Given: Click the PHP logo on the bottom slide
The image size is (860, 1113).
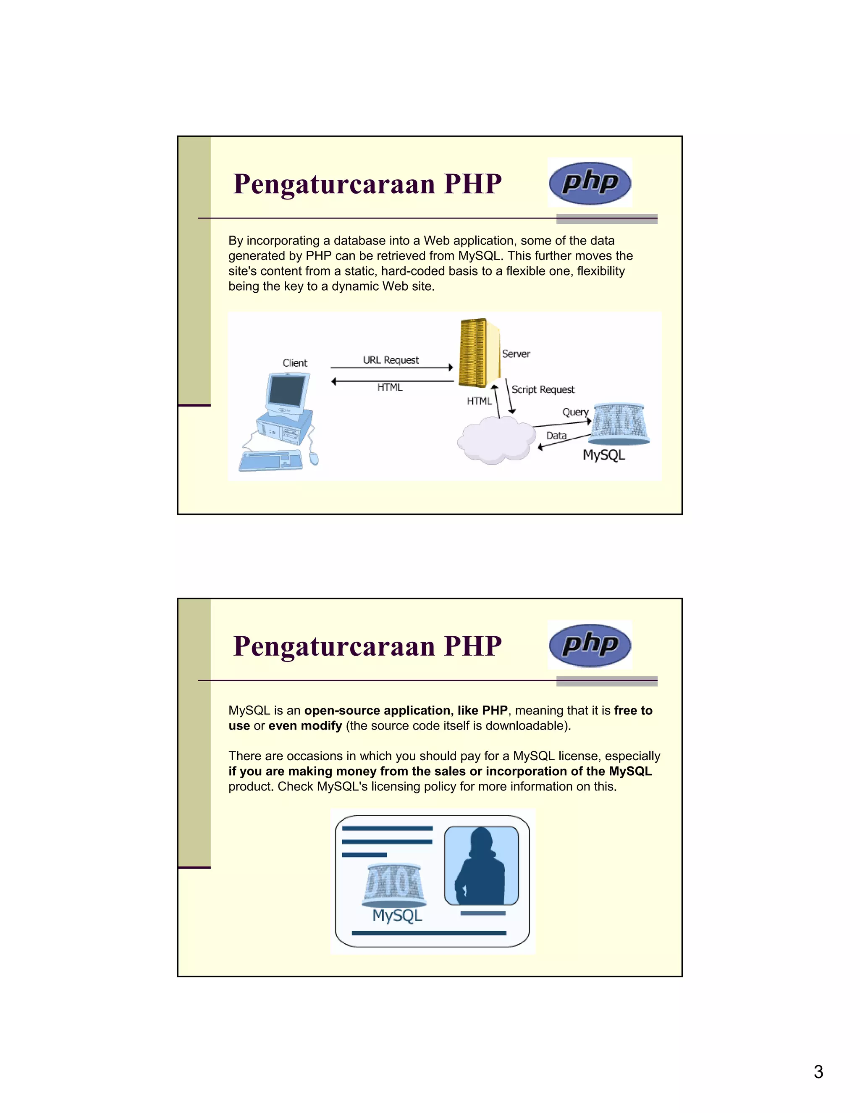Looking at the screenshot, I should point(590,645).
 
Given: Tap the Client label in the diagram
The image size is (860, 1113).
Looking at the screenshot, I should point(295,363).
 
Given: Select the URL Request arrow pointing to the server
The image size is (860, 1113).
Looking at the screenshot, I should point(391,367).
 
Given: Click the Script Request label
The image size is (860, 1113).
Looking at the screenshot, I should point(543,389).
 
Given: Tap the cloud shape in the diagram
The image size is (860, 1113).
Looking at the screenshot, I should point(495,440).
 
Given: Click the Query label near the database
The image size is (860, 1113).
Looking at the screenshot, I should point(575,412).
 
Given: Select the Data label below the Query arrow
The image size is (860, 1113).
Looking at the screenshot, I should point(556,436).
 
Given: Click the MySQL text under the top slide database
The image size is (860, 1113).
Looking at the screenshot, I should point(604,454).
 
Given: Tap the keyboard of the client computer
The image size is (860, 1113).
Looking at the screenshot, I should point(270,461).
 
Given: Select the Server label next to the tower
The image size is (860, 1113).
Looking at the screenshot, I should point(516,354).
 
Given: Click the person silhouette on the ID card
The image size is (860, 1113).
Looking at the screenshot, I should point(480,867).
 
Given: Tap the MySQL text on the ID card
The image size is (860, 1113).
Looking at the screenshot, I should point(397,915).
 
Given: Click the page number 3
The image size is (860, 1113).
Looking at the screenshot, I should point(818,1072).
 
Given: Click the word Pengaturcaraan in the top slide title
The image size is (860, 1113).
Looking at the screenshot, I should point(334,184).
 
